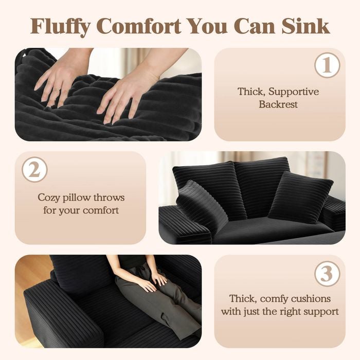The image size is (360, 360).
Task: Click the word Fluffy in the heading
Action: tap(60, 26)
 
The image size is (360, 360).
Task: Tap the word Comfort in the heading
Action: tap(140, 26)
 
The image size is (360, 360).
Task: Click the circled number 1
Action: tap(327, 65)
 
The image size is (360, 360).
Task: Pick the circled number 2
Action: tap(34, 170)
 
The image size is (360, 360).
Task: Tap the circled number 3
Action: tap(327, 274)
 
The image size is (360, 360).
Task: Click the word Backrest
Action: tap(278, 104)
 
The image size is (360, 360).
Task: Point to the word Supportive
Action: tap(294, 92)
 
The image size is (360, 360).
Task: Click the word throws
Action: tap(109, 197)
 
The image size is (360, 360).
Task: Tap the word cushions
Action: tap(311, 299)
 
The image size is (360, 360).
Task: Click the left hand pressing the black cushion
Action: tap(60, 80)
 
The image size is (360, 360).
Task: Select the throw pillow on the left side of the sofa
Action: tap(202, 204)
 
